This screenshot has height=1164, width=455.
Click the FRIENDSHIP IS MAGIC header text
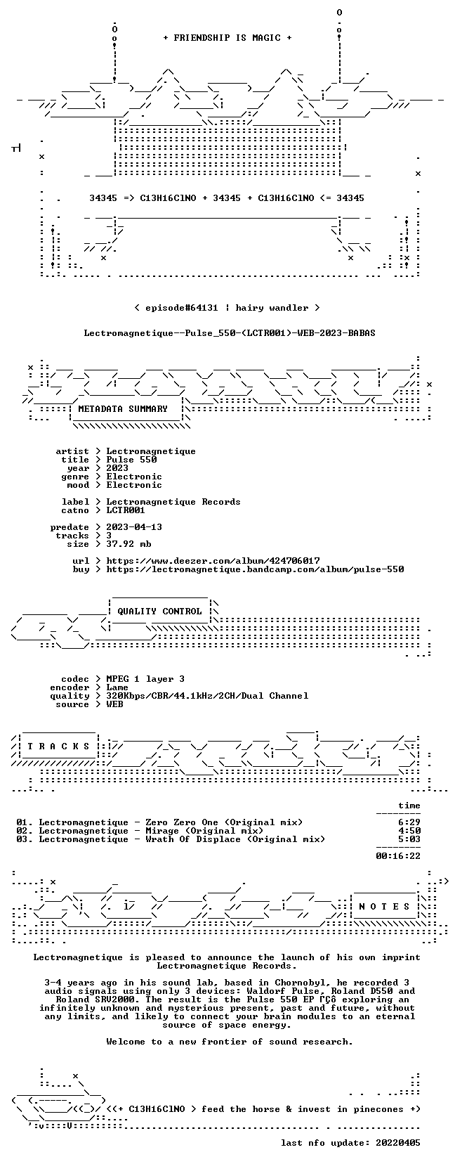227,38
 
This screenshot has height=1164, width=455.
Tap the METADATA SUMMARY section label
123,409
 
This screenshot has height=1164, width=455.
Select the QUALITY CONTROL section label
159,612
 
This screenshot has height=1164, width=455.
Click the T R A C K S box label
58,746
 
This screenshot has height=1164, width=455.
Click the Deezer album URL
213,561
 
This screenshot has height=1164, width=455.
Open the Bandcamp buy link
256,569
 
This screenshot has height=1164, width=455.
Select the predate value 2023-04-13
134,527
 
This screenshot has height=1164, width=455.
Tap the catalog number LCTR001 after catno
126,510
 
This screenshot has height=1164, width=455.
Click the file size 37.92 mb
128,544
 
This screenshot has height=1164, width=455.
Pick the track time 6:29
409,822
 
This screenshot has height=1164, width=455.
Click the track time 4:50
409,831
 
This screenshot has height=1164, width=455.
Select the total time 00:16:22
398,856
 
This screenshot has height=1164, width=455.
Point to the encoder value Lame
117,687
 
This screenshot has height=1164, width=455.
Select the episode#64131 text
182,308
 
